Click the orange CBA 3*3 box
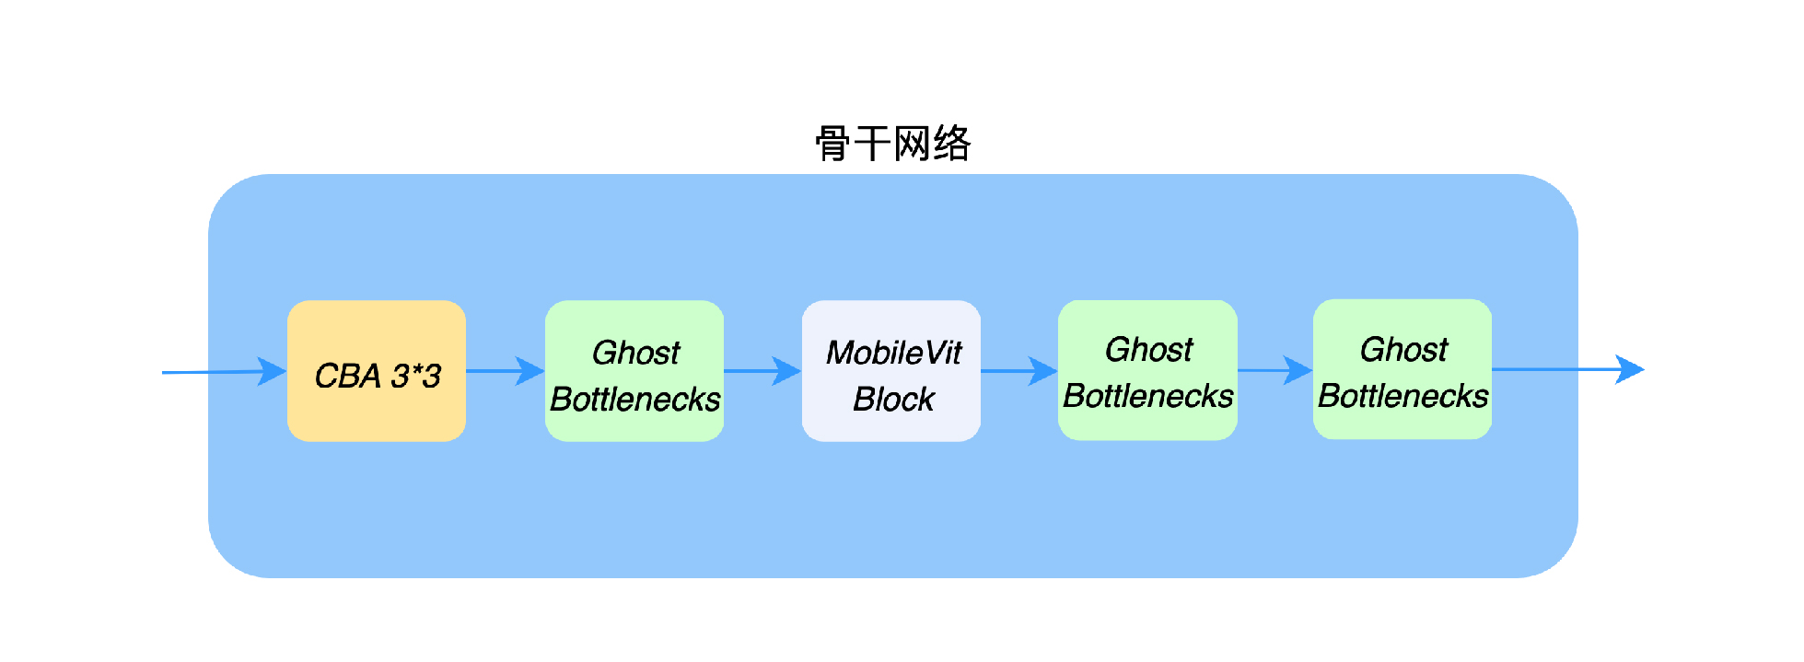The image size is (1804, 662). [x=376, y=370]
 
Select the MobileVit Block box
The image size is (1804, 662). [x=890, y=370]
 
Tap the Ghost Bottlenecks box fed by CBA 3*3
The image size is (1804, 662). [x=634, y=370]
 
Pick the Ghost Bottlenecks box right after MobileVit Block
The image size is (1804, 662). [x=1146, y=370]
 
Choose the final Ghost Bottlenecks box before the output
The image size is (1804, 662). [x=1402, y=368]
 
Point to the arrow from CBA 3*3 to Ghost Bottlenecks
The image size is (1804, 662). [x=505, y=371]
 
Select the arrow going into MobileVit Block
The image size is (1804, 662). [x=762, y=371]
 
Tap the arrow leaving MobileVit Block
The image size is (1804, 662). [x=1018, y=371]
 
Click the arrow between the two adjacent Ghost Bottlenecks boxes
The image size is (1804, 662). [x=1274, y=370]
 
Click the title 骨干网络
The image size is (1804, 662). [x=892, y=144]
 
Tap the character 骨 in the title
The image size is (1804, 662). [x=833, y=144]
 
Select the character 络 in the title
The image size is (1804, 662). [x=952, y=144]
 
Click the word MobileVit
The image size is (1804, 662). [x=893, y=353]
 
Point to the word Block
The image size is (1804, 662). [x=893, y=400]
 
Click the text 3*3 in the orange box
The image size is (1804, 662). [x=415, y=376]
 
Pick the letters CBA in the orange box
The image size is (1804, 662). [x=347, y=376]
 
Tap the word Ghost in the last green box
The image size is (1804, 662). [x=1403, y=350]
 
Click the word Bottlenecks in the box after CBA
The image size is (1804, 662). [x=634, y=400]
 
